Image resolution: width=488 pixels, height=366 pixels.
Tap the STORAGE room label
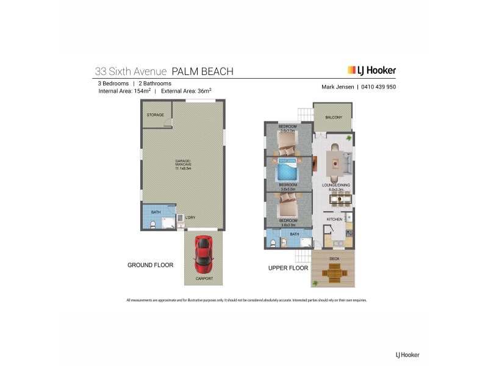[155, 115]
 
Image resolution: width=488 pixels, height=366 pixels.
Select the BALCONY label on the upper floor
[333, 117]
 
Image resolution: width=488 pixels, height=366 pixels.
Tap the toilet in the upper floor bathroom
[274, 243]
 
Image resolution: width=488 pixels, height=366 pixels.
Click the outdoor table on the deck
[333, 273]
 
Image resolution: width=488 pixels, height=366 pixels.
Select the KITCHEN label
[334, 219]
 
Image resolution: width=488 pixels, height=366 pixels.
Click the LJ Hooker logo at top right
[371, 71]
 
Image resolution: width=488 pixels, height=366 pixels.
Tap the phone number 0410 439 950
[379, 87]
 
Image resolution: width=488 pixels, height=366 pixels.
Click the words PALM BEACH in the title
[203, 71]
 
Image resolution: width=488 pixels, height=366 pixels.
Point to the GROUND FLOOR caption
[150, 265]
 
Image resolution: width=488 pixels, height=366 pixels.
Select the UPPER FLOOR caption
[288, 268]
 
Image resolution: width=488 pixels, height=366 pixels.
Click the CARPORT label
[204, 279]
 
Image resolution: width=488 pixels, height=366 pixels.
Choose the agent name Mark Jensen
[337, 87]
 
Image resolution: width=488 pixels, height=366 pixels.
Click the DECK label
[334, 259]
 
